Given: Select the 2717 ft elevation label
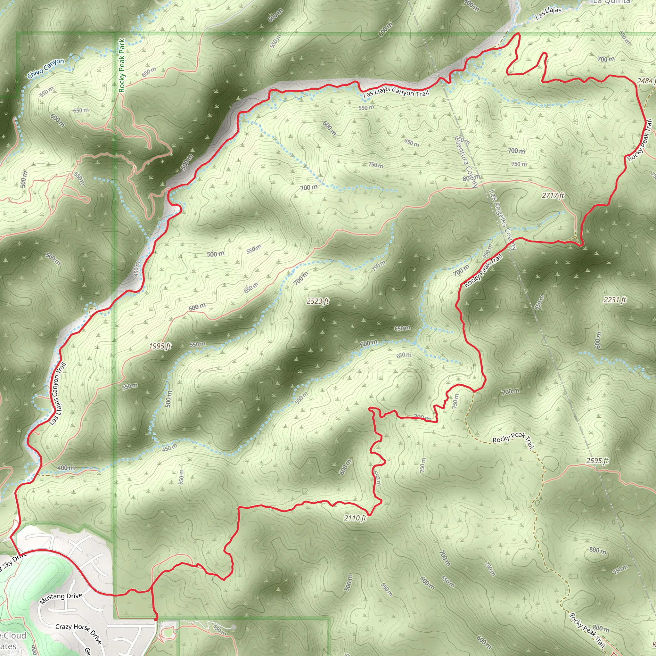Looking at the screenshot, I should click(x=553, y=195).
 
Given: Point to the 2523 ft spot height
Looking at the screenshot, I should click(x=317, y=301).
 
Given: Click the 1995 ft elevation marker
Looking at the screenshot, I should click(x=160, y=346).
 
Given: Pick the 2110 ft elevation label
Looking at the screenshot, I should click(x=355, y=518).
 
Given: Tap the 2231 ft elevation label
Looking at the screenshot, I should click(x=615, y=300).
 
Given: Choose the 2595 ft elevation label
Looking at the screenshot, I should click(x=597, y=461).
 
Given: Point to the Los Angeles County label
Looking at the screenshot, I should click(x=503, y=220).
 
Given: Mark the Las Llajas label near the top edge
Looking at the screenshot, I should click(x=548, y=13).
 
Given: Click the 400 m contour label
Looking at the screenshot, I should click(x=66, y=468).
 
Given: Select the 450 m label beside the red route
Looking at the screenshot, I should click(x=136, y=268).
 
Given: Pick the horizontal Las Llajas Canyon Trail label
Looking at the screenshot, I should click(x=396, y=92).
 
